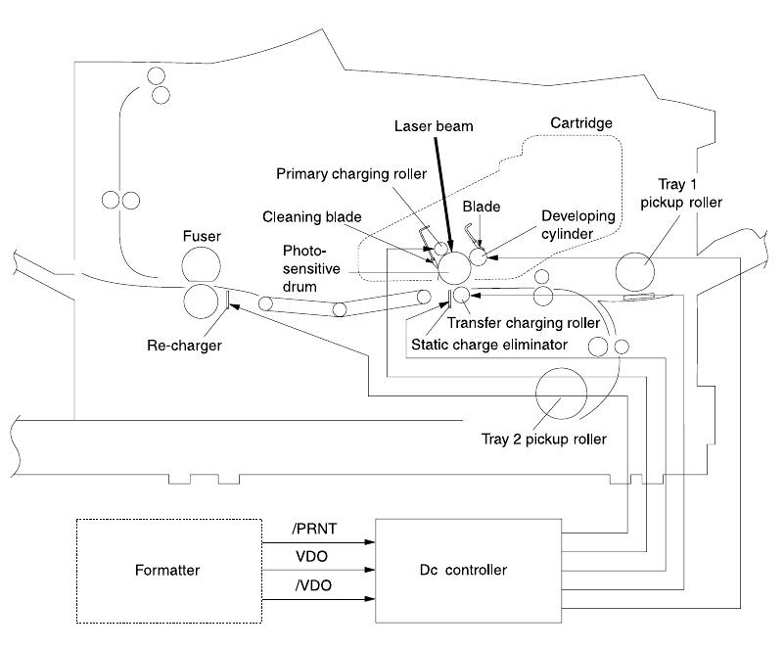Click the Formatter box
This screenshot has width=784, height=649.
click(x=168, y=571)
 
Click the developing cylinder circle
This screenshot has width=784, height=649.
click(x=479, y=257)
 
